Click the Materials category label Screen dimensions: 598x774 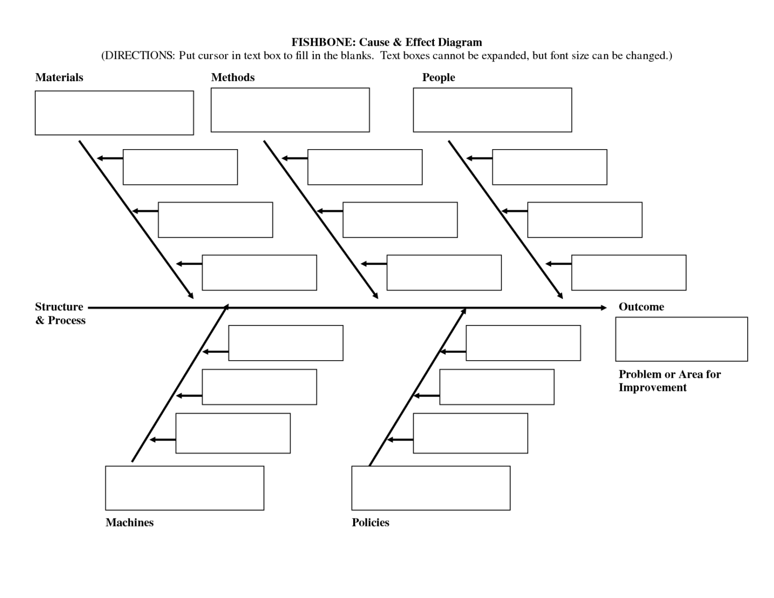[59, 78]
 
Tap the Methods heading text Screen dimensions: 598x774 [232, 78]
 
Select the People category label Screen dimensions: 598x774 [438, 78]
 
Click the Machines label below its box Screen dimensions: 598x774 [130, 522]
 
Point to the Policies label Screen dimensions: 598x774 [370, 522]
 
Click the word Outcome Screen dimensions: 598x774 [641, 307]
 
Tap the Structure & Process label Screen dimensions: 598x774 [60, 313]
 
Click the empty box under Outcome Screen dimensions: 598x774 [681, 339]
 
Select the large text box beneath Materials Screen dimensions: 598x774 [114, 113]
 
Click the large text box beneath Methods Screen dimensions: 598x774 [290, 110]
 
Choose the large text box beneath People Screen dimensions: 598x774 [492, 110]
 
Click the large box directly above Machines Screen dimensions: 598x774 [184, 488]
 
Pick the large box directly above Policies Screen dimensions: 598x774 [431, 488]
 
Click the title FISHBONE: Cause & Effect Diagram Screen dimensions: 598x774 [386, 42]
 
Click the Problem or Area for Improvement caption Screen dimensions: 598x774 [669, 381]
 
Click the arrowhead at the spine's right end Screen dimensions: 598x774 [604, 308]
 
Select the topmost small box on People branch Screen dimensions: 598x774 [549, 167]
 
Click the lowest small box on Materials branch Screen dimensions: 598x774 [259, 273]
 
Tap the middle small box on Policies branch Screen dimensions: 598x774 [497, 387]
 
